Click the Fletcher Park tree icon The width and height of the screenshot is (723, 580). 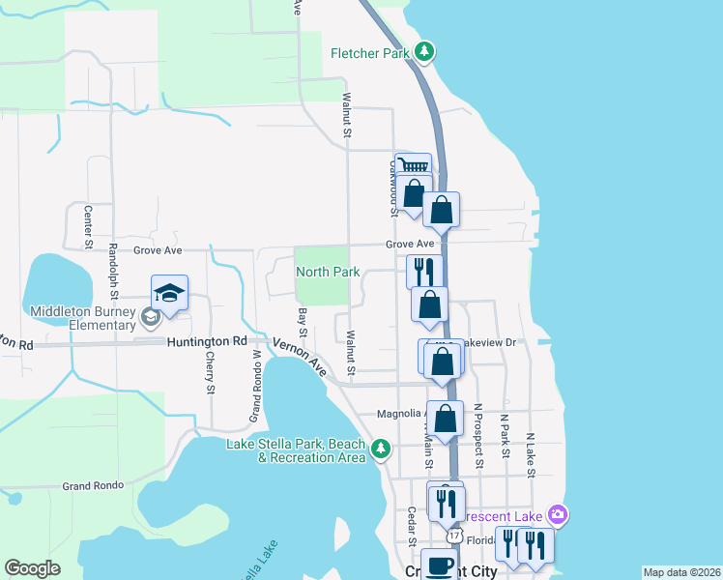pyautogui.click(x=424, y=51)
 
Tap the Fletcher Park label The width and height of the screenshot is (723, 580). pyautogui.click(x=371, y=54)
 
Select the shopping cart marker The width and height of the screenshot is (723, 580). pyautogui.click(x=413, y=166)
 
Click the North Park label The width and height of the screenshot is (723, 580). pyautogui.click(x=328, y=273)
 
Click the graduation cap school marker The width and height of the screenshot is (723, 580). pyautogui.click(x=169, y=293)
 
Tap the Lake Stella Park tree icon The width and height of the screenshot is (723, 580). pyautogui.click(x=382, y=448)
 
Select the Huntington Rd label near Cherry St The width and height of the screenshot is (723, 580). pyautogui.click(x=206, y=341)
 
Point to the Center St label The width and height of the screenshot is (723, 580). pyautogui.click(x=87, y=226)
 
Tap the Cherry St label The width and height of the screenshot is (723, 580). pyautogui.click(x=210, y=372)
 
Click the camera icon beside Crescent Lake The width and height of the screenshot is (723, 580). pyautogui.click(x=556, y=514)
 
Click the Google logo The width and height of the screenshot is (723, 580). pyautogui.click(x=33, y=567)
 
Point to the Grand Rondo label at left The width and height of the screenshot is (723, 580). pyautogui.click(x=92, y=486)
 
